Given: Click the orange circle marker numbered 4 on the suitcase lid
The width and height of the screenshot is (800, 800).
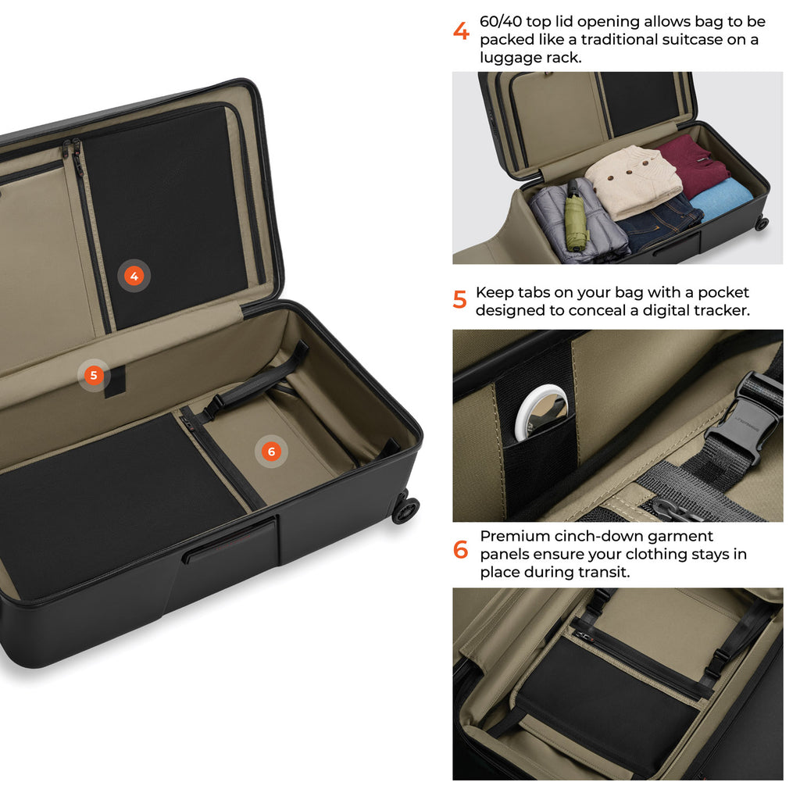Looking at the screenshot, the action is click(134, 276).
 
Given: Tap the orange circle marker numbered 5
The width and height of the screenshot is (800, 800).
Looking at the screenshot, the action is click(94, 376).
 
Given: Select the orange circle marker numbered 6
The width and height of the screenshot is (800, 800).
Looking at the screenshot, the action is click(271, 451).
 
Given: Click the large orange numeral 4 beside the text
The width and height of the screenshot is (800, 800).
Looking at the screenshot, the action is click(461, 31).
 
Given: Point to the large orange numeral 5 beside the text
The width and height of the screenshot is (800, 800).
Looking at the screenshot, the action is click(459, 299).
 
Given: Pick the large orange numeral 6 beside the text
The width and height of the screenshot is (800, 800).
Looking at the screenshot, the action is click(460, 549).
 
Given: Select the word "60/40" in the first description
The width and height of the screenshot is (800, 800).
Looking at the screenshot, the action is click(501, 21).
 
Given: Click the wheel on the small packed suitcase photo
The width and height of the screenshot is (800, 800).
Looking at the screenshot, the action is click(762, 223).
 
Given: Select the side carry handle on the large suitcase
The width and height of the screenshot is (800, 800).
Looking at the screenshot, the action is click(230, 539).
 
